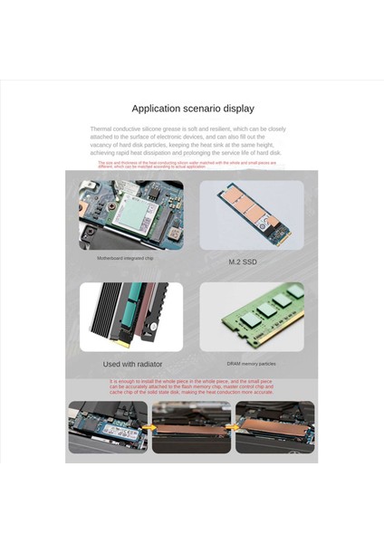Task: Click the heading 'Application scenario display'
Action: [193, 109]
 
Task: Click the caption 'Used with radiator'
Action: [132, 363]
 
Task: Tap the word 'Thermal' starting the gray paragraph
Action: [101, 129]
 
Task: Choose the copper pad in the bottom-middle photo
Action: [190, 431]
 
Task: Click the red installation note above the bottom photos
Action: [192, 387]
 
